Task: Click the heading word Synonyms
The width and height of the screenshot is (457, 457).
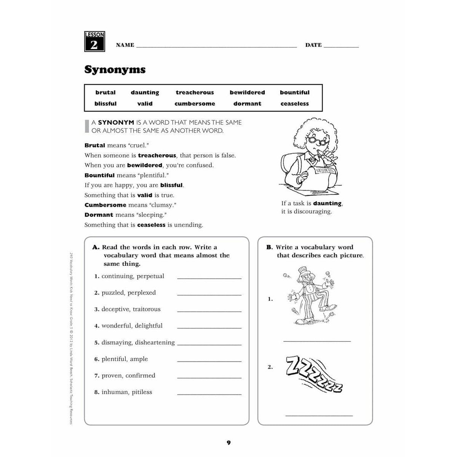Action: point(115,70)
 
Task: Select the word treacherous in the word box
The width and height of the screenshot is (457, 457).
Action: point(195,93)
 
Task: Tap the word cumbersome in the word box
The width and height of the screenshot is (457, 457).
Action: point(195,104)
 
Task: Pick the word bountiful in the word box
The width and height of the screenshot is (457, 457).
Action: point(294,93)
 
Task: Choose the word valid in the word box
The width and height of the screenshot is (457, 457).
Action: point(145,104)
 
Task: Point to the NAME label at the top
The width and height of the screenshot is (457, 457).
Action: point(125,45)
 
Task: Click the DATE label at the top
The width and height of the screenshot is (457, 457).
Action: point(313,45)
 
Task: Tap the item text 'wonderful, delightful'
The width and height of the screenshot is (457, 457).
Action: point(132,326)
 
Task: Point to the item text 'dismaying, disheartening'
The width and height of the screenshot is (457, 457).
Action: point(138,342)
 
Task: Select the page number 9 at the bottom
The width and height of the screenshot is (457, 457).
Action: point(228,443)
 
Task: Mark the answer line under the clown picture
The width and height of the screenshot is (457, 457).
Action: point(317,341)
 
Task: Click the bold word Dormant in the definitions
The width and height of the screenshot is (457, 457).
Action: point(99,215)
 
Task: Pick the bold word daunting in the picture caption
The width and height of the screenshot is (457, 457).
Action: point(327,203)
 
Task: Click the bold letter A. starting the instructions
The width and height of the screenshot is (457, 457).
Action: point(96,247)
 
